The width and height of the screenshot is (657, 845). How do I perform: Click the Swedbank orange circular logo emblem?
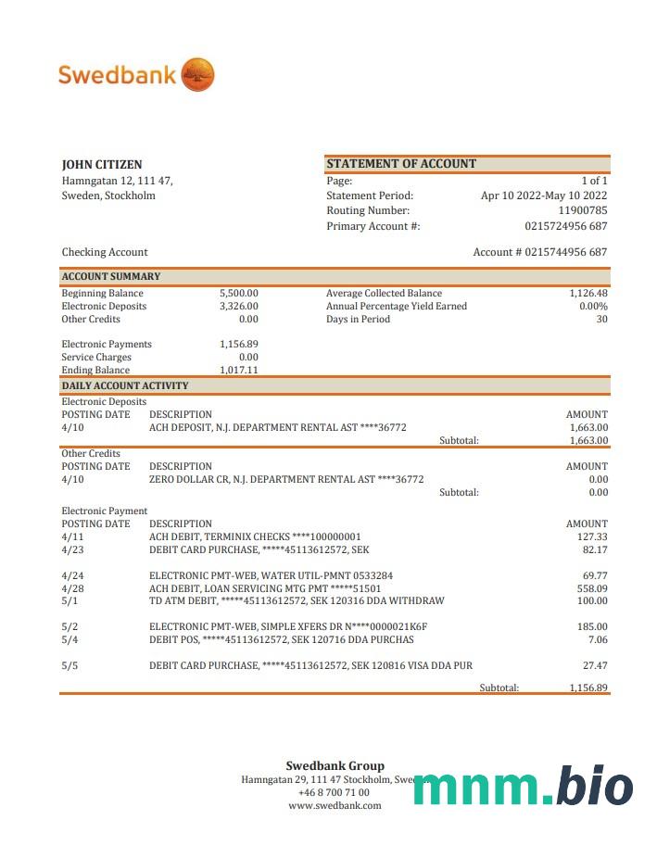[x=197, y=74]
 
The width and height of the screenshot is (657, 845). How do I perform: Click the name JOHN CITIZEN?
[x=102, y=165]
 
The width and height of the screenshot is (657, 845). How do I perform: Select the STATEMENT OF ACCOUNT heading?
[x=401, y=164]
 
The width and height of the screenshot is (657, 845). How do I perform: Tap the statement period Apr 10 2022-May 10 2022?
[x=544, y=195]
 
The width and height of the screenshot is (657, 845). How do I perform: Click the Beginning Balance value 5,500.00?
[x=239, y=293]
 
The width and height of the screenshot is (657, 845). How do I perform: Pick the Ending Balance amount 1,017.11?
[x=239, y=370]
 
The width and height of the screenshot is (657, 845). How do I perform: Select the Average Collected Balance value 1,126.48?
[x=588, y=293]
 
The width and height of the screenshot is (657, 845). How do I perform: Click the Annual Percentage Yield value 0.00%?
[x=593, y=306]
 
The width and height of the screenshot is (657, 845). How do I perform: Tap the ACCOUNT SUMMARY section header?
[x=111, y=276]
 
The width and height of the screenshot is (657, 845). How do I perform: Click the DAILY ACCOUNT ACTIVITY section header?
[x=125, y=385]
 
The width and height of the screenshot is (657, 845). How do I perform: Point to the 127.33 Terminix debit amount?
[x=591, y=536]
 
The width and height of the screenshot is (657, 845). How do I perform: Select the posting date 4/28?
[x=72, y=588]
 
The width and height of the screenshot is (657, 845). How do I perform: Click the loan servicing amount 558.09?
[x=591, y=588]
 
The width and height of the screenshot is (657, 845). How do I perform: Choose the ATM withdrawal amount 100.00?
[x=591, y=600]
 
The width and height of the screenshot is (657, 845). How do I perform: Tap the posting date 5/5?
[x=69, y=665]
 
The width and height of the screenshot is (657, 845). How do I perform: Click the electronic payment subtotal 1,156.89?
[x=588, y=687]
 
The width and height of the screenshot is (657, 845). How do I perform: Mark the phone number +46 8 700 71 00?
[x=334, y=792]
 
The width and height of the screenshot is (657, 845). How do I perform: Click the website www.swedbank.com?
[x=335, y=805]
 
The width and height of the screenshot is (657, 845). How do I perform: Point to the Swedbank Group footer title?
[x=335, y=765]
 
